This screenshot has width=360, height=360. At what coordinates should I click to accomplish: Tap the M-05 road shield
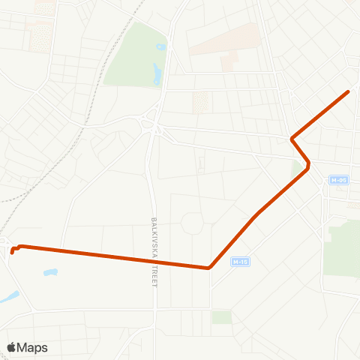pyautogui.click(x=339, y=180)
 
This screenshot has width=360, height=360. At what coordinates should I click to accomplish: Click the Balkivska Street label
pyautogui.click(x=154, y=252)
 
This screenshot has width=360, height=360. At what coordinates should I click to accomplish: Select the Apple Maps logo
pyautogui.click(x=27, y=347)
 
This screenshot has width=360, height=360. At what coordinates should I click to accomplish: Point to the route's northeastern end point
pyautogui.click(x=349, y=91)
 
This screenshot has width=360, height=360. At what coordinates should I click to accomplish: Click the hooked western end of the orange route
pyautogui.click(x=12, y=252)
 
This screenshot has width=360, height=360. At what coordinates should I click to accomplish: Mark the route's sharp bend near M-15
pyautogui.click(x=208, y=267)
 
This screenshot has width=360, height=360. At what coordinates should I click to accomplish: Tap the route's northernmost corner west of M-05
pyautogui.click(x=292, y=139)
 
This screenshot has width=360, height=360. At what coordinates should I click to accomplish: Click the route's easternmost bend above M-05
pyautogui.click(x=308, y=168)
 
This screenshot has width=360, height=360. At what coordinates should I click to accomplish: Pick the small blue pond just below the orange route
pyautogui.click(x=50, y=272)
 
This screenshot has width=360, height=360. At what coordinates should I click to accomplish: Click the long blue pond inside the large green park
pyautogui.click(x=157, y=73)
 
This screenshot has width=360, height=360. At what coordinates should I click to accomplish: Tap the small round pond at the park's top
pyautogui.click(x=160, y=47)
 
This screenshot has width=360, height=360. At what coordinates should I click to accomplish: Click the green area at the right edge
pyautogui.click(x=342, y=247)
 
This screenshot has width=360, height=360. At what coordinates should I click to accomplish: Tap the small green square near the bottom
pyautogui.click(x=221, y=317)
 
